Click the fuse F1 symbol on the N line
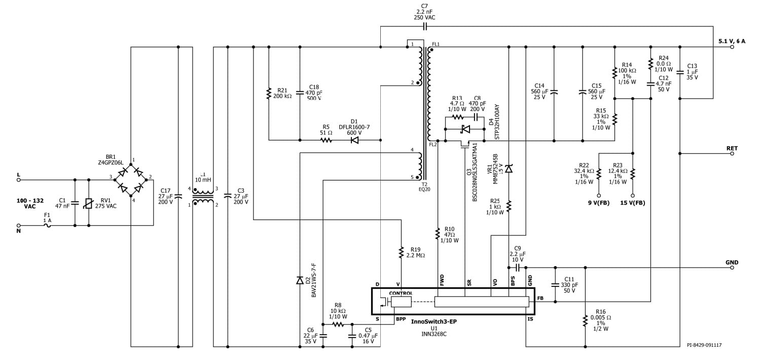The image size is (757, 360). pos(48,225)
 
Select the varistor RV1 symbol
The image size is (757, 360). pos(89,203)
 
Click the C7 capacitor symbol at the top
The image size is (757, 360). pos(425,26)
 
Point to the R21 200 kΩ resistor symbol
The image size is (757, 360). pos(268,94)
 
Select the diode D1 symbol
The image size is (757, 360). pos(354,140)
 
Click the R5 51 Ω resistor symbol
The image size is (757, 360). pos(326,140)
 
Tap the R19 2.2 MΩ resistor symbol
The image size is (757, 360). pos(401,252)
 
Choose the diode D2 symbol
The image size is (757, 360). pos(300,280)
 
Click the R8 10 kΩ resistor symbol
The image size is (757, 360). pos(338,323)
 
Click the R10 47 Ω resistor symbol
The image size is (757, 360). pos(438,234)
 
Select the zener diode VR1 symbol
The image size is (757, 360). pos(509,169)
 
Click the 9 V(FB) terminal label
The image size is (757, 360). pos(598,203)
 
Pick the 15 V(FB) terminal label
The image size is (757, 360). pos(632,203)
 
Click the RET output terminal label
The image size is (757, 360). pos(732,149)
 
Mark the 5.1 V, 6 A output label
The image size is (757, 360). pos(732,41)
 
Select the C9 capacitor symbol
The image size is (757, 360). pos(518,267)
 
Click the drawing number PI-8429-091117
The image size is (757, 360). pos(704,345)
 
